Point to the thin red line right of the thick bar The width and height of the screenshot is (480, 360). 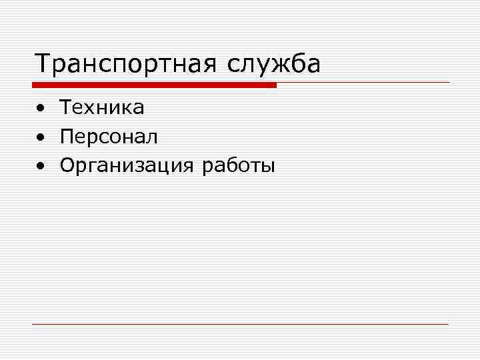pyautogui.click(x=363, y=83)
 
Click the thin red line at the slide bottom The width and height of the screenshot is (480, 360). pyautogui.click(x=240, y=324)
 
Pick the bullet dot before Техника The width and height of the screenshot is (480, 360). pyautogui.click(x=41, y=108)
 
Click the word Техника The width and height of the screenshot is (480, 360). pyautogui.click(x=102, y=107)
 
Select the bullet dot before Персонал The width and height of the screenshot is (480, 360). pyautogui.click(x=41, y=138)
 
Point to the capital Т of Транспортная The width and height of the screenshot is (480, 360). pyautogui.click(x=43, y=64)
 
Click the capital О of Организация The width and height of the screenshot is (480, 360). pyautogui.click(x=67, y=165)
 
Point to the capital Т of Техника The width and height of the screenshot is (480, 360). pyautogui.click(x=66, y=107)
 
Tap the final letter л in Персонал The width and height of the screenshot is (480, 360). pyautogui.click(x=153, y=138)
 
